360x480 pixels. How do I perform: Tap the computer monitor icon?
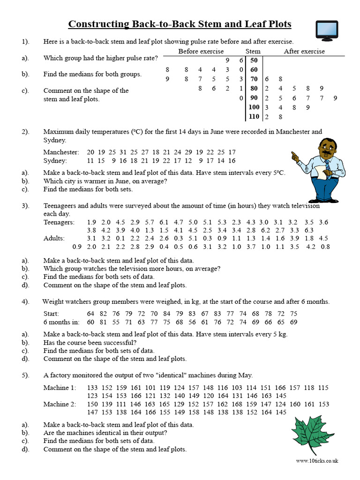click(327, 30)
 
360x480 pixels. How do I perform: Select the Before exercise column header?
click(201, 51)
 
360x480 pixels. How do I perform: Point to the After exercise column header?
click(304, 51)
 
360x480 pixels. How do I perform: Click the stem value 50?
click(254, 60)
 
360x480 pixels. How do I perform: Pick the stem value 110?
click(254, 116)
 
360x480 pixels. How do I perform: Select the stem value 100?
click(254, 107)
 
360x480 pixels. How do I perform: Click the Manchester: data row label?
click(61, 152)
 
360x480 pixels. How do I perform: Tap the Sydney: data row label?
click(56, 161)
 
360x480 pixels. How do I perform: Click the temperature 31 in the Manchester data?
click(123, 152)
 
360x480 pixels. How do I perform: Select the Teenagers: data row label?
click(59, 222)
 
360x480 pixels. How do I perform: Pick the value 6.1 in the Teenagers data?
click(164, 222)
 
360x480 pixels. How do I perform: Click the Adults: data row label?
click(54, 239)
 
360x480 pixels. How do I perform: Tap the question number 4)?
click(25, 302)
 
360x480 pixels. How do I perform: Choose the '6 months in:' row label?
click(61, 322)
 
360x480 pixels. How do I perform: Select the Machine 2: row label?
click(60, 404)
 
